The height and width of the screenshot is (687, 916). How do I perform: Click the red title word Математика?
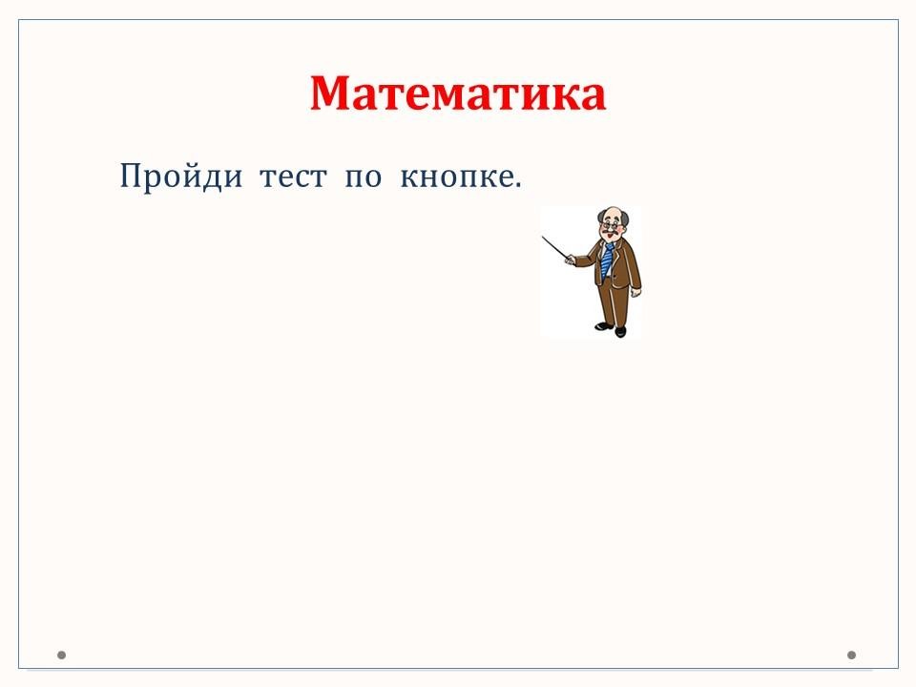(457, 93)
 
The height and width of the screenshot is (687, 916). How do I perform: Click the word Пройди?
(180, 176)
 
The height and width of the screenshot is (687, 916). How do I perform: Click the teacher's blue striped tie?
(607, 260)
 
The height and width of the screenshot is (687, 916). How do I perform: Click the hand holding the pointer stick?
(569, 260)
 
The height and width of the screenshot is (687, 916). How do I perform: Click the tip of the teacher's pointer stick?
(543, 237)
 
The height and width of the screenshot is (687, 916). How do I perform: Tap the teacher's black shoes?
(612, 329)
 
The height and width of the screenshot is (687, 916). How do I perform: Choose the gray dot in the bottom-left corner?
(61, 655)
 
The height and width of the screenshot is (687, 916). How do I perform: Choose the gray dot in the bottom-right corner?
(851, 655)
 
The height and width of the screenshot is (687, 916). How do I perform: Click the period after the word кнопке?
(517, 186)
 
